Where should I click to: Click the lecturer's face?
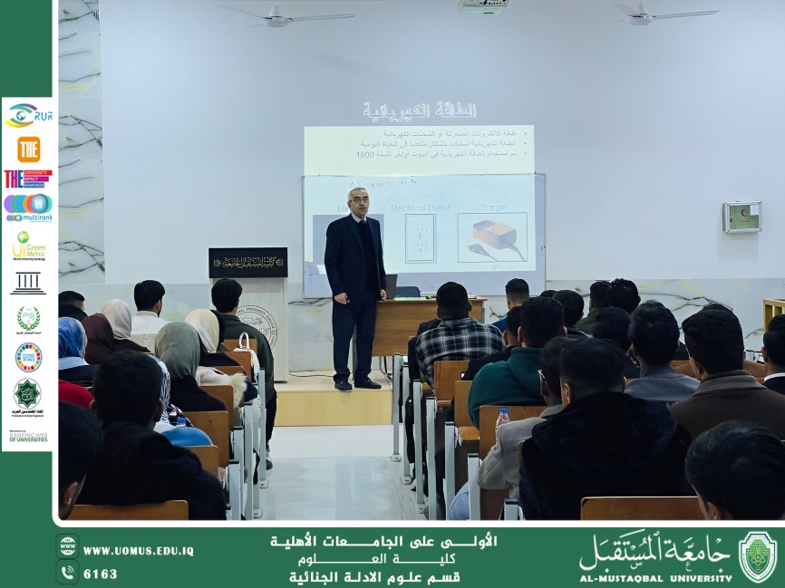point(358,201)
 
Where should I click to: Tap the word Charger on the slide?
point(492,207)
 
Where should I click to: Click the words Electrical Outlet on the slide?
point(421,207)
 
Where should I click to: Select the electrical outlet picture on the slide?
point(421,238)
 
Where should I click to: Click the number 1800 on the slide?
point(363,155)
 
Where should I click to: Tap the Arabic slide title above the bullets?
point(420,111)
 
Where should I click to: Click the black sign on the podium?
point(247,263)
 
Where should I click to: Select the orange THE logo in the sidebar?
point(28,149)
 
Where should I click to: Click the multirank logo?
point(28,207)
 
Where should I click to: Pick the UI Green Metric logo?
point(28,246)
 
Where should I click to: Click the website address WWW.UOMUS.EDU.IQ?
point(138,551)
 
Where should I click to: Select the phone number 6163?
point(100,574)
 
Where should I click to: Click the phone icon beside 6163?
point(67,573)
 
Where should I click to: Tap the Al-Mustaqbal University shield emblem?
point(757,555)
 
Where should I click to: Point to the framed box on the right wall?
point(741,217)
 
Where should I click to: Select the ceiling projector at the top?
point(481,5)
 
